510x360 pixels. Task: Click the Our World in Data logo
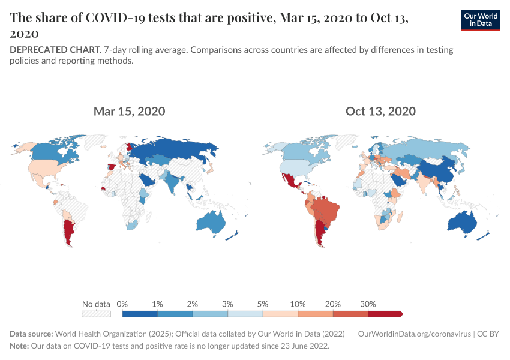(480, 20)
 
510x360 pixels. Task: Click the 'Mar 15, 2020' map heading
(129, 111)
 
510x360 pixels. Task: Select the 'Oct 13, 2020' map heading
(380, 111)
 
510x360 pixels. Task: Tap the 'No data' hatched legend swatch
(97, 313)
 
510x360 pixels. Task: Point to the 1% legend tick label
(157, 304)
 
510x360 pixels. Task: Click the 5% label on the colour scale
(263, 304)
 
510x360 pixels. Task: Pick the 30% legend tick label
(368, 304)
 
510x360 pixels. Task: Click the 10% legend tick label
(298, 304)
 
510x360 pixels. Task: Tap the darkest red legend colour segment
(385, 313)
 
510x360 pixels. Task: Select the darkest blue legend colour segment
(140, 313)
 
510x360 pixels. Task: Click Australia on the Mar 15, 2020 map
(210, 223)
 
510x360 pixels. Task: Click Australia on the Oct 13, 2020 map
(462, 223)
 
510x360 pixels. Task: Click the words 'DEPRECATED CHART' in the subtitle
(53, 50)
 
